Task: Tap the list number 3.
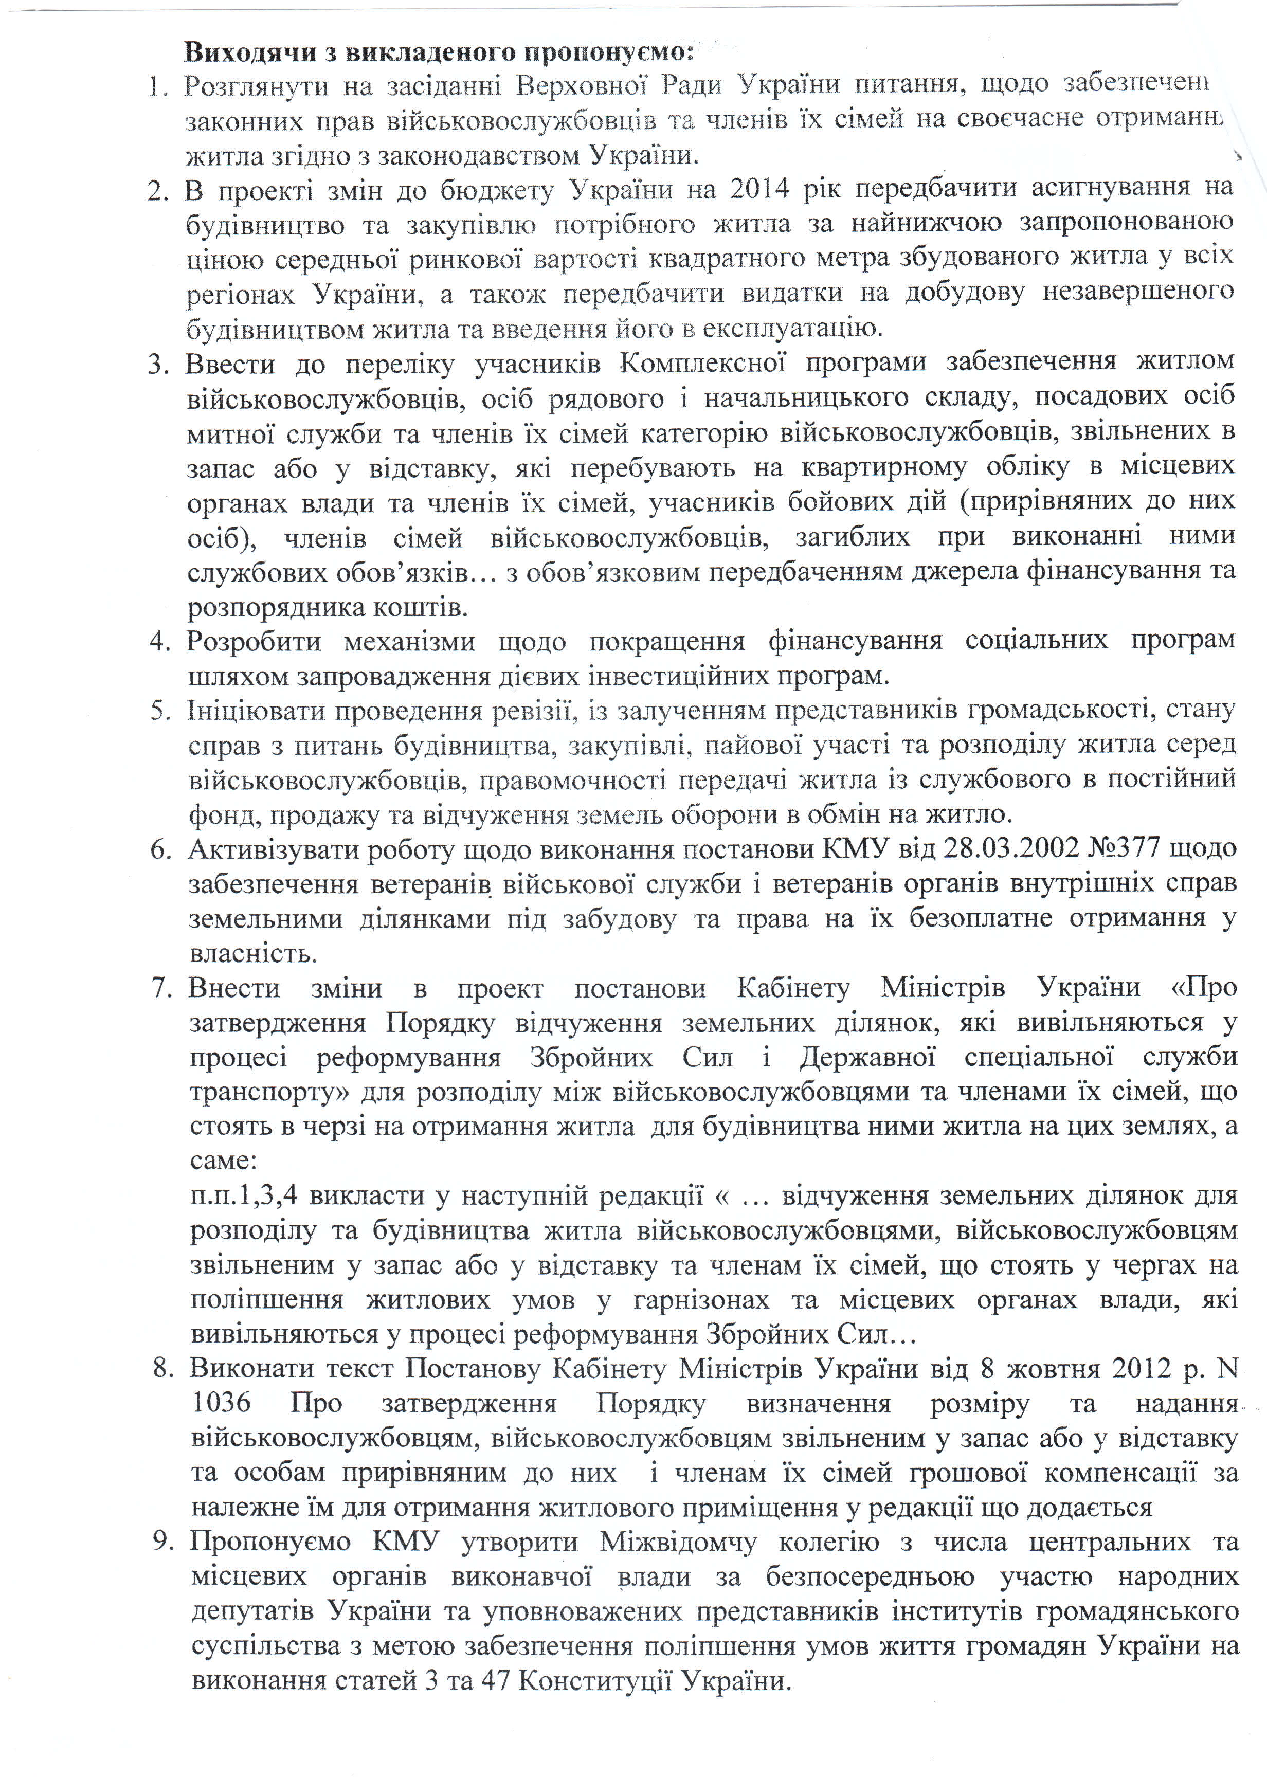[158, 364]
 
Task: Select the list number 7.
[161, 988]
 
